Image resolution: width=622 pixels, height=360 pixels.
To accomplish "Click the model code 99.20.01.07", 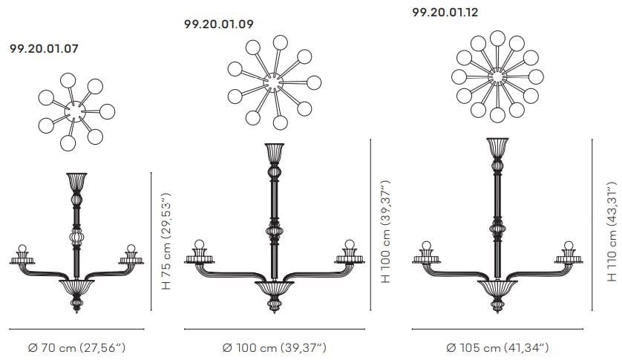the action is (x=44, y=49).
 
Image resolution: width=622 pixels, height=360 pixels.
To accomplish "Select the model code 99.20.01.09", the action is (x=218, y=24).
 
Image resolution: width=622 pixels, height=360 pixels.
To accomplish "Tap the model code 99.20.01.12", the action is (x=445, y=13).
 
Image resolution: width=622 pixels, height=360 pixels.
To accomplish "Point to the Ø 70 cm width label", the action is (x=77, y=348).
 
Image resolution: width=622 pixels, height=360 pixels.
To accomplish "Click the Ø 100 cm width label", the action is (x=275, y=348).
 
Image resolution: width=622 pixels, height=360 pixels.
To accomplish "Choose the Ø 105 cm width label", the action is (x=497, y=348).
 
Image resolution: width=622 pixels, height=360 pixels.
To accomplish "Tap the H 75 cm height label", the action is (x=166, y=241).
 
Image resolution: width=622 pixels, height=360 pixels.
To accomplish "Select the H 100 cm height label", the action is (x=385, y=232).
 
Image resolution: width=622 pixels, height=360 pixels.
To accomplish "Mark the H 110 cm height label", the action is (x=612, y=232).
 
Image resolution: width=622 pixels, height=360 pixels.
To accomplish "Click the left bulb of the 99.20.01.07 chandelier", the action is (x=22, y=249).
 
